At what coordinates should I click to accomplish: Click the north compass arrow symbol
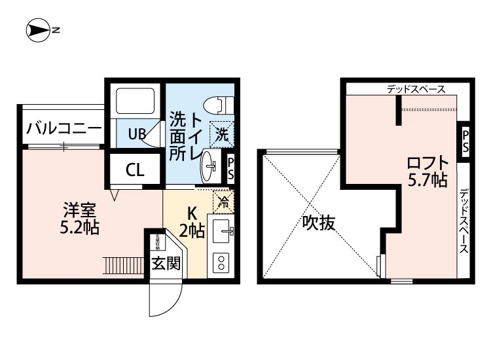tap(39, 29)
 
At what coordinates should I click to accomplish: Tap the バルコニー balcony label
tap(64, 128)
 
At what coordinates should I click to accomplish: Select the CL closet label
tap(135, 171)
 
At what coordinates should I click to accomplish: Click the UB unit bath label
tap(136, 135)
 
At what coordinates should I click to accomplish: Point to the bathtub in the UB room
tap(135, 101)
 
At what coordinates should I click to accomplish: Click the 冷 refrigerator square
tap(222, 201)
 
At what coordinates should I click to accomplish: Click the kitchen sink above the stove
tap(221, 230)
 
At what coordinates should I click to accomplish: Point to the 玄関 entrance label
tap(166, 264)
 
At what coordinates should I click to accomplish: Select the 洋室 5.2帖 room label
tap(80, 219)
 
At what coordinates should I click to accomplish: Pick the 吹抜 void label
tap(319, 223)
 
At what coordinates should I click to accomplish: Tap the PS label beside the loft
tap(465, 141)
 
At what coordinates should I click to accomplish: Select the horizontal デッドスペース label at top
tap(416, 89)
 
